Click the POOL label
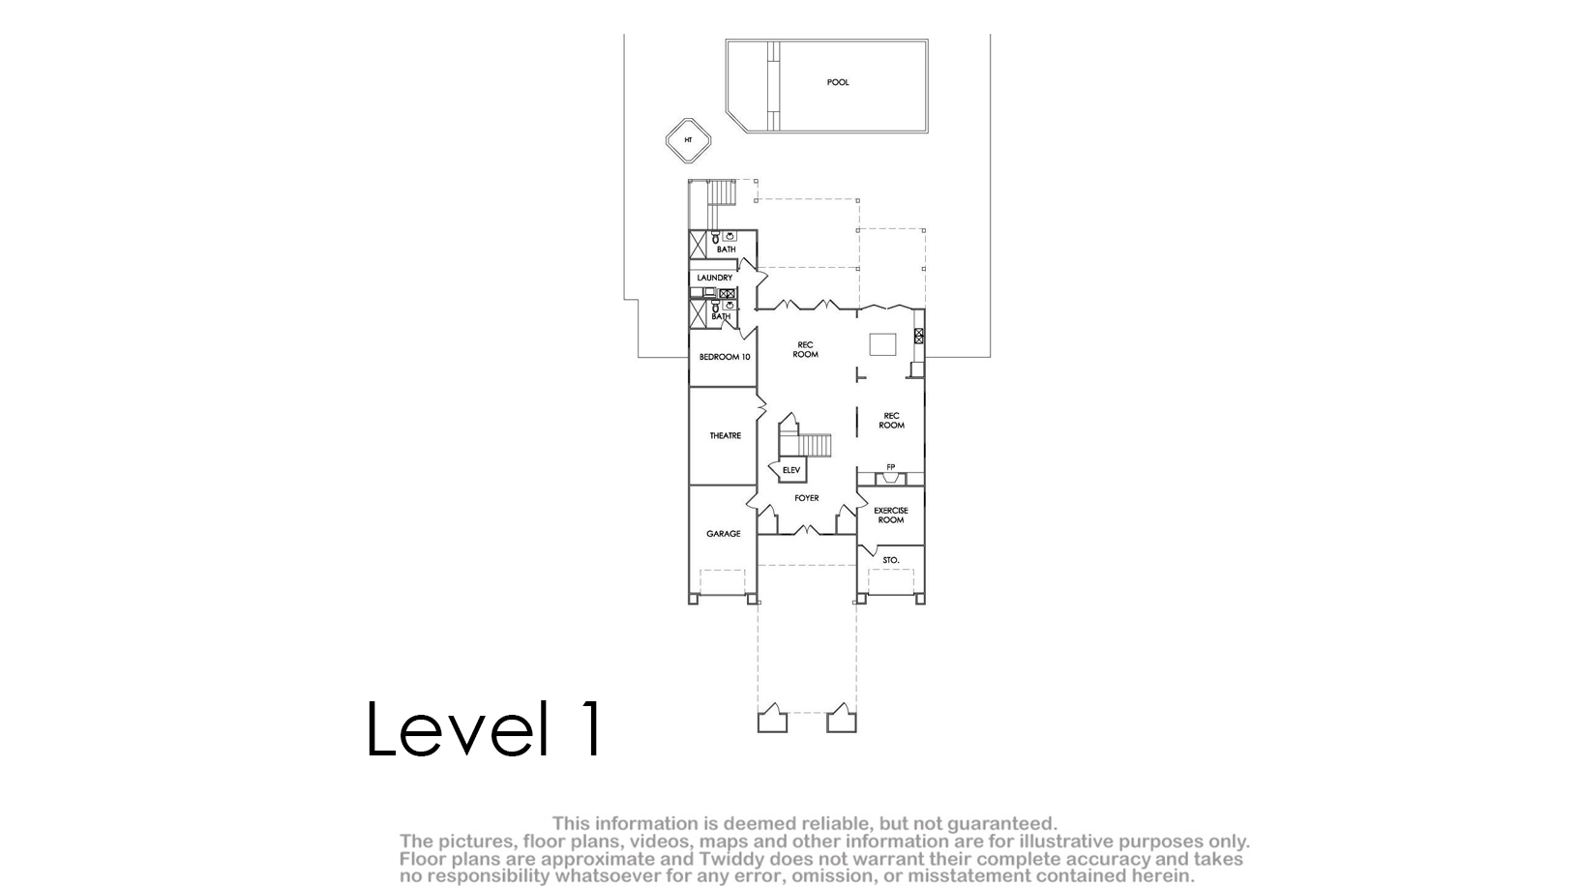click(838, 82)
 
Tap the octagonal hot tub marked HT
click(688, 140)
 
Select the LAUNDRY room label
click(715, 278)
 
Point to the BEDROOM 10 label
click(725, 357)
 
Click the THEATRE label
click(726, 435)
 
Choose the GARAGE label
click(724, 534)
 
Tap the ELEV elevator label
click(791, 470)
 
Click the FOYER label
click(806, 498)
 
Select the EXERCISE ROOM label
click(891, 516)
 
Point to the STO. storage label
click(891, 560)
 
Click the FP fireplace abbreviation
click(891, 467)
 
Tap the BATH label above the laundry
click(726, 250)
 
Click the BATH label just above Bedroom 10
click(721, 316)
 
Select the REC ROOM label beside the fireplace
click(892, 421)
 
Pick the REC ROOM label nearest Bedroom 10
click(805, 349)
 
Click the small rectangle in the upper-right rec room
click(882, 344)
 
